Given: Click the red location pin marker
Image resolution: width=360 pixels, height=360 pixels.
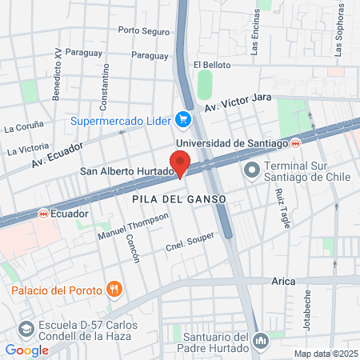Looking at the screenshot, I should (x=180, y=163).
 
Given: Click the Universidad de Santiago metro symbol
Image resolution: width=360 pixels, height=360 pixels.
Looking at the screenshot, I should (x=296, y=142).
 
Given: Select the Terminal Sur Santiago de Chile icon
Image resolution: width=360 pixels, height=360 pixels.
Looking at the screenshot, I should (x=251, y=170).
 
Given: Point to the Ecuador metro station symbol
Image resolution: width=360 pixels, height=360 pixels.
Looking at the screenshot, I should (x=42, y=214).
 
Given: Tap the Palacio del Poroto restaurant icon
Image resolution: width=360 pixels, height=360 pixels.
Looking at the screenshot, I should (x=115, y=289).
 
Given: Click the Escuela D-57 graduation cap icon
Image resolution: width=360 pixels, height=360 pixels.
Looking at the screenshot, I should (x=26, y=329).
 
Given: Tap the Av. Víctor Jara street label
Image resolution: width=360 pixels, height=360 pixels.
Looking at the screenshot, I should (x=238, y=103).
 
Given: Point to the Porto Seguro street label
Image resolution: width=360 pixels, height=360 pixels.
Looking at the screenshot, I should (x=144, y=31).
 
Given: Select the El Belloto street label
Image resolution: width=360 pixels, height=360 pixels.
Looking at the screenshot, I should (x=212, y=64).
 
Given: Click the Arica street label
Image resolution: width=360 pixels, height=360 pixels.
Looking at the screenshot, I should (x=282, y=282).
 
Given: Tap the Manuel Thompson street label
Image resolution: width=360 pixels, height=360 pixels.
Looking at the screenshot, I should (x=133, y=228).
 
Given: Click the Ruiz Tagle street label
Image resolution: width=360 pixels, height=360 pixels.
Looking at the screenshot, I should (x=282, y=209).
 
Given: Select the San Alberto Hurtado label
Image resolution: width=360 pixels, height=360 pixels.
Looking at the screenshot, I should (x=126, y=171).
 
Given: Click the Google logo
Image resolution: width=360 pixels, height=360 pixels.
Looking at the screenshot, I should (x=26, y=350).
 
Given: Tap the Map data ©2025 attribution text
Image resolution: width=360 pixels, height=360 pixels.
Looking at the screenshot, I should (x=325, y=354).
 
